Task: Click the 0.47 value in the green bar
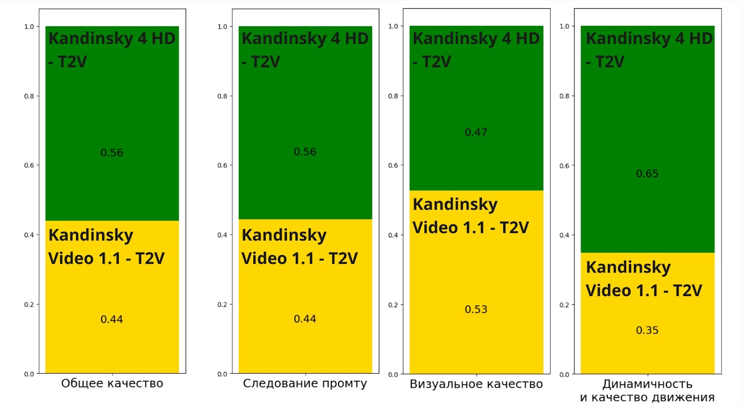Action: tap(476, 132)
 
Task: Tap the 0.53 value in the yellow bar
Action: tap(476, 310)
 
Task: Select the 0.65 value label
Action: tap(647, 174)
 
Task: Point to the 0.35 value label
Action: tap(647, 330)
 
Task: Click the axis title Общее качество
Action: tap(112, 383)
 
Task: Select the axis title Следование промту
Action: tap(305, 383)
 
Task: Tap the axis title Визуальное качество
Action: tap(476, 384)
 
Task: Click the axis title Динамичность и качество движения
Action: tap(647, 391)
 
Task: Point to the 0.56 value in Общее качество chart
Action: tap(112, 153)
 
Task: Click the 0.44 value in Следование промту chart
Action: tap(305, 319)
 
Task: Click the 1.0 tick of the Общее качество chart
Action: tap(29, 27)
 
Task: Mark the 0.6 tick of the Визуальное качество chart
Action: tap(393, 165)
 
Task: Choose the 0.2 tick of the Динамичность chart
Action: tap(564, 305)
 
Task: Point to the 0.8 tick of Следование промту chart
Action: tap(222, 96)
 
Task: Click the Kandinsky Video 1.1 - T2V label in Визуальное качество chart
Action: tap(470, 216)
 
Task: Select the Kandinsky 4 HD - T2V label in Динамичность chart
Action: tap(649, 50)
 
